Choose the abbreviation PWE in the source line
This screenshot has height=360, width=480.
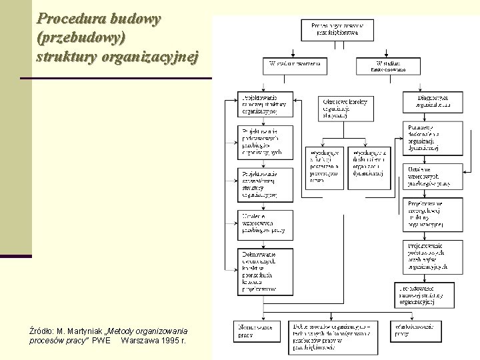coord(101,341)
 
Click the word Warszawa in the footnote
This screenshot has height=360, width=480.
coord(139,341)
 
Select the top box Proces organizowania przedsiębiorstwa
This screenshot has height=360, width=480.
coord(337,28)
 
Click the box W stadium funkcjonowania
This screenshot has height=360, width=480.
coord(389,65)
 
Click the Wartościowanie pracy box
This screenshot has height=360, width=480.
coord(416,331)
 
